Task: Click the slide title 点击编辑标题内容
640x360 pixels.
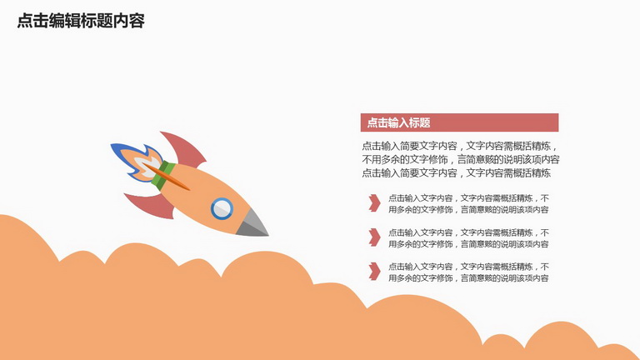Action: tap(81, 21)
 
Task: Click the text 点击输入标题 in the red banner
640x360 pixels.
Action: tap(399, 122)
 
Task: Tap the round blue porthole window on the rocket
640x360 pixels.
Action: tap(222, 208)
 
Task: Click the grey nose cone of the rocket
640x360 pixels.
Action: tap(252, 225)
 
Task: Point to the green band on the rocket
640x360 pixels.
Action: tap(163, 176)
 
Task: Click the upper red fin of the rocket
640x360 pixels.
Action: tap(184, 149)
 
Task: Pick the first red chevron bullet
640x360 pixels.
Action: tap(374, 202)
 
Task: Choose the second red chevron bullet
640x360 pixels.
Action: tap(374, 237)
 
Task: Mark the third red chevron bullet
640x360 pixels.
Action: tap(374, 272)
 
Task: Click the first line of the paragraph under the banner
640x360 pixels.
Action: tap(460, 146)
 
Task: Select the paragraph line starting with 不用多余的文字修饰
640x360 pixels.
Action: tap(461, 160)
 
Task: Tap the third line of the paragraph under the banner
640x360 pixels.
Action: tap(457, 173)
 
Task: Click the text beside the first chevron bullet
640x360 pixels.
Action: tap(468, 203)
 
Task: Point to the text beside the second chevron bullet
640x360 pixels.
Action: tap(468, 238)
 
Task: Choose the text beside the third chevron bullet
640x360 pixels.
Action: tap(468, 272)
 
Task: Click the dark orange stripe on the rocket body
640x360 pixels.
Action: tap(167, 177)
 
